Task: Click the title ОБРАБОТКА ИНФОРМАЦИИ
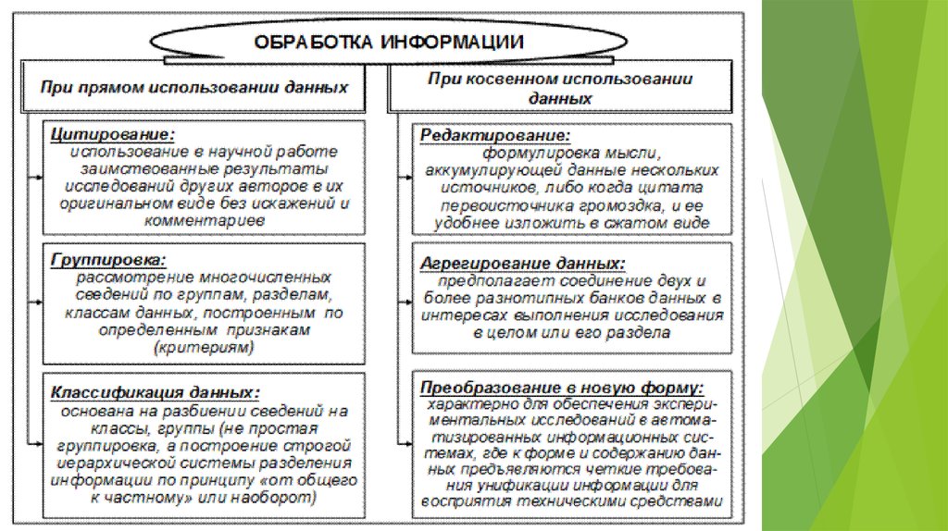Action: click(x=389, y=42)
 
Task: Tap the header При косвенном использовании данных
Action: click(x=560, y=87)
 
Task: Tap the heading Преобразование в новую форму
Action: click(x=561, y=387)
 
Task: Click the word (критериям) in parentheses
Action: click(x=205, y=346)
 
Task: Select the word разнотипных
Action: click(x=527, y=298)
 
